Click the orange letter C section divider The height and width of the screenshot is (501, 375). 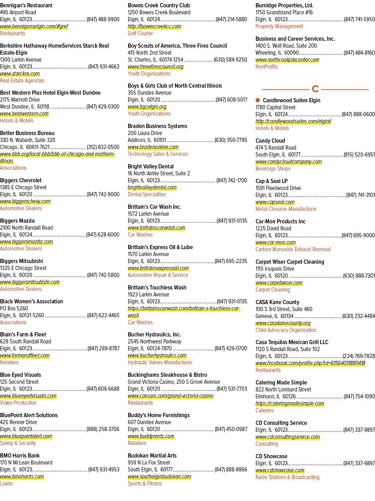pos(315,89)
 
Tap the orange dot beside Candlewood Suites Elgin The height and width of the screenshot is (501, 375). pos(258,100)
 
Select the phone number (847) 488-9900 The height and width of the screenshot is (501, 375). pos(103,19)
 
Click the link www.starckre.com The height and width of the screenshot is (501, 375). pos(20,74)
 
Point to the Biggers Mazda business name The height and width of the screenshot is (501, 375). pos(17,221)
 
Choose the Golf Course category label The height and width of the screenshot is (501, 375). pos(140,33)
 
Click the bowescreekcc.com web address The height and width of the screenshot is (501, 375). pos(155,26)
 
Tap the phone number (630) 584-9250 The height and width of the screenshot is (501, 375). pos(230,60)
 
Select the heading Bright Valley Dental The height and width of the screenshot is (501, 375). pos(150,167)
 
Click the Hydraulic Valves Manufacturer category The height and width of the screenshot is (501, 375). pos(160,363)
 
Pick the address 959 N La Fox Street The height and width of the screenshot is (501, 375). pos(149,463)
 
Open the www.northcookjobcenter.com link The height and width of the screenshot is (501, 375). pos(287,60)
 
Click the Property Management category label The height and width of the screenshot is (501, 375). pos(279,26)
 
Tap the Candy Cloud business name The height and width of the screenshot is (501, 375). pos(270,141)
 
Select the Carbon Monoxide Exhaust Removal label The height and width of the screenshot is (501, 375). pos(293,249)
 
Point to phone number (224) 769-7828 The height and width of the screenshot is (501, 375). pos(359,356)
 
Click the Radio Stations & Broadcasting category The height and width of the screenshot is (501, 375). pos(287,477)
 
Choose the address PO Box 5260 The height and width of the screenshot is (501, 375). pos(14,309)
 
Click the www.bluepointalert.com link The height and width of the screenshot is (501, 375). pos(26,436)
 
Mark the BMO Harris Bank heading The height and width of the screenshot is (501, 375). pos(20,456)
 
